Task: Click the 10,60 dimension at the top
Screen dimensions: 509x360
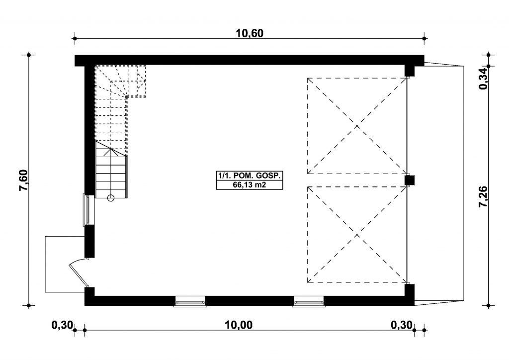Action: point(250,33)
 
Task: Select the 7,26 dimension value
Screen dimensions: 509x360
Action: point(483,196)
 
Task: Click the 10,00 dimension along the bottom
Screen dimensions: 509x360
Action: point(239,325)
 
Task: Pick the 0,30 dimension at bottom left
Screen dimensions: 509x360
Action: point(62,325)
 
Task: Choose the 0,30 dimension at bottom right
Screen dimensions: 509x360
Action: point(402,325)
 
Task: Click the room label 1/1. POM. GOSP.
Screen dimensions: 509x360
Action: point(249,176)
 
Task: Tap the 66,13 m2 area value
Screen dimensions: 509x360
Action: point(249,184)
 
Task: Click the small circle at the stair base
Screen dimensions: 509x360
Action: point(111,197)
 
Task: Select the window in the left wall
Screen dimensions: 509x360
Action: point(88,210)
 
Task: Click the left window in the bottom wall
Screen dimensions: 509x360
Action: point(190,301)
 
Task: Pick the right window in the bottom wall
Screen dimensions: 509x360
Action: point(309,301)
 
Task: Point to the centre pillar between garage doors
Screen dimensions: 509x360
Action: point(410,180)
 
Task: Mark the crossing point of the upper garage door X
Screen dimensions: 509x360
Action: point(357,126)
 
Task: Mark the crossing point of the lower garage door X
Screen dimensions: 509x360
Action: point(357,234)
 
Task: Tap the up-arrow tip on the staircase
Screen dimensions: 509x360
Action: point(111,148)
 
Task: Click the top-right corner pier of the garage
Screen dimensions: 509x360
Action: point(410,70)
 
